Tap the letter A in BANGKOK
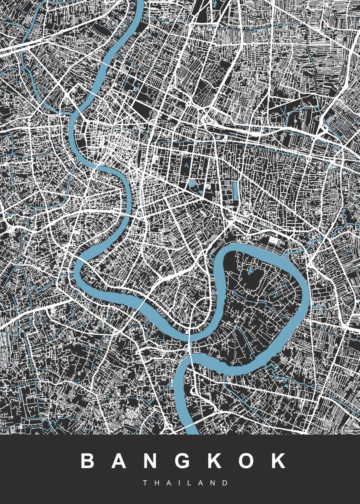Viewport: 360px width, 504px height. point(120,461)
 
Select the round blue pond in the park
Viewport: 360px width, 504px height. point(192,184)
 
